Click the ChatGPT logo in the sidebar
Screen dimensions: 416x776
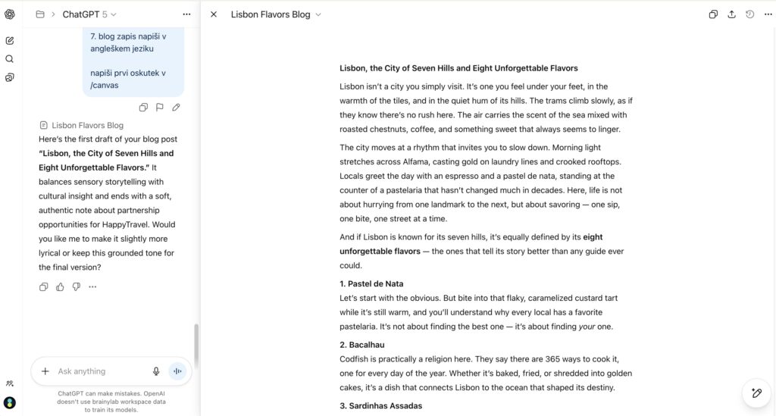click(x=10, y=14)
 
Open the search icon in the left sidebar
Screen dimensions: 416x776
click(x=10, y=59)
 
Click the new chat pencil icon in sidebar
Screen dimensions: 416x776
click(x=10, y=40)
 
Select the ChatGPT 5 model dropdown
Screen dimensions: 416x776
click(x=89, y=14)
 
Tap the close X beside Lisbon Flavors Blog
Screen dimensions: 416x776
click(x=214, y=14)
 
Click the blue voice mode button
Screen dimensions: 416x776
click(x=178, y=371)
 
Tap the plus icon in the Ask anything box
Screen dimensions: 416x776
click(x=45, y=371)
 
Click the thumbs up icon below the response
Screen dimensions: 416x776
click(x=60, y=287)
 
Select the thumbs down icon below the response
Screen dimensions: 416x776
click(x=76, y=287)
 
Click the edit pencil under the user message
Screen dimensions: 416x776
click(x=176, y=108)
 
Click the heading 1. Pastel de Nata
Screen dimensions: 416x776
click(x=371, y=283)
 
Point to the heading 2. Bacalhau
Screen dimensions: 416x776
click(x=362, y=345)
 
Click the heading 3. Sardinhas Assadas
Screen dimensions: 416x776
click(x=380, y=405)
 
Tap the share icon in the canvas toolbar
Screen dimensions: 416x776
click(x=731, y=14)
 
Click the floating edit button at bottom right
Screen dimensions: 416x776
click(x=756, y=393)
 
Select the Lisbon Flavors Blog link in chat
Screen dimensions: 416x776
click(x=87, y=125)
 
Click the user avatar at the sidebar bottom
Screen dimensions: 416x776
click(x=10, y=402)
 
